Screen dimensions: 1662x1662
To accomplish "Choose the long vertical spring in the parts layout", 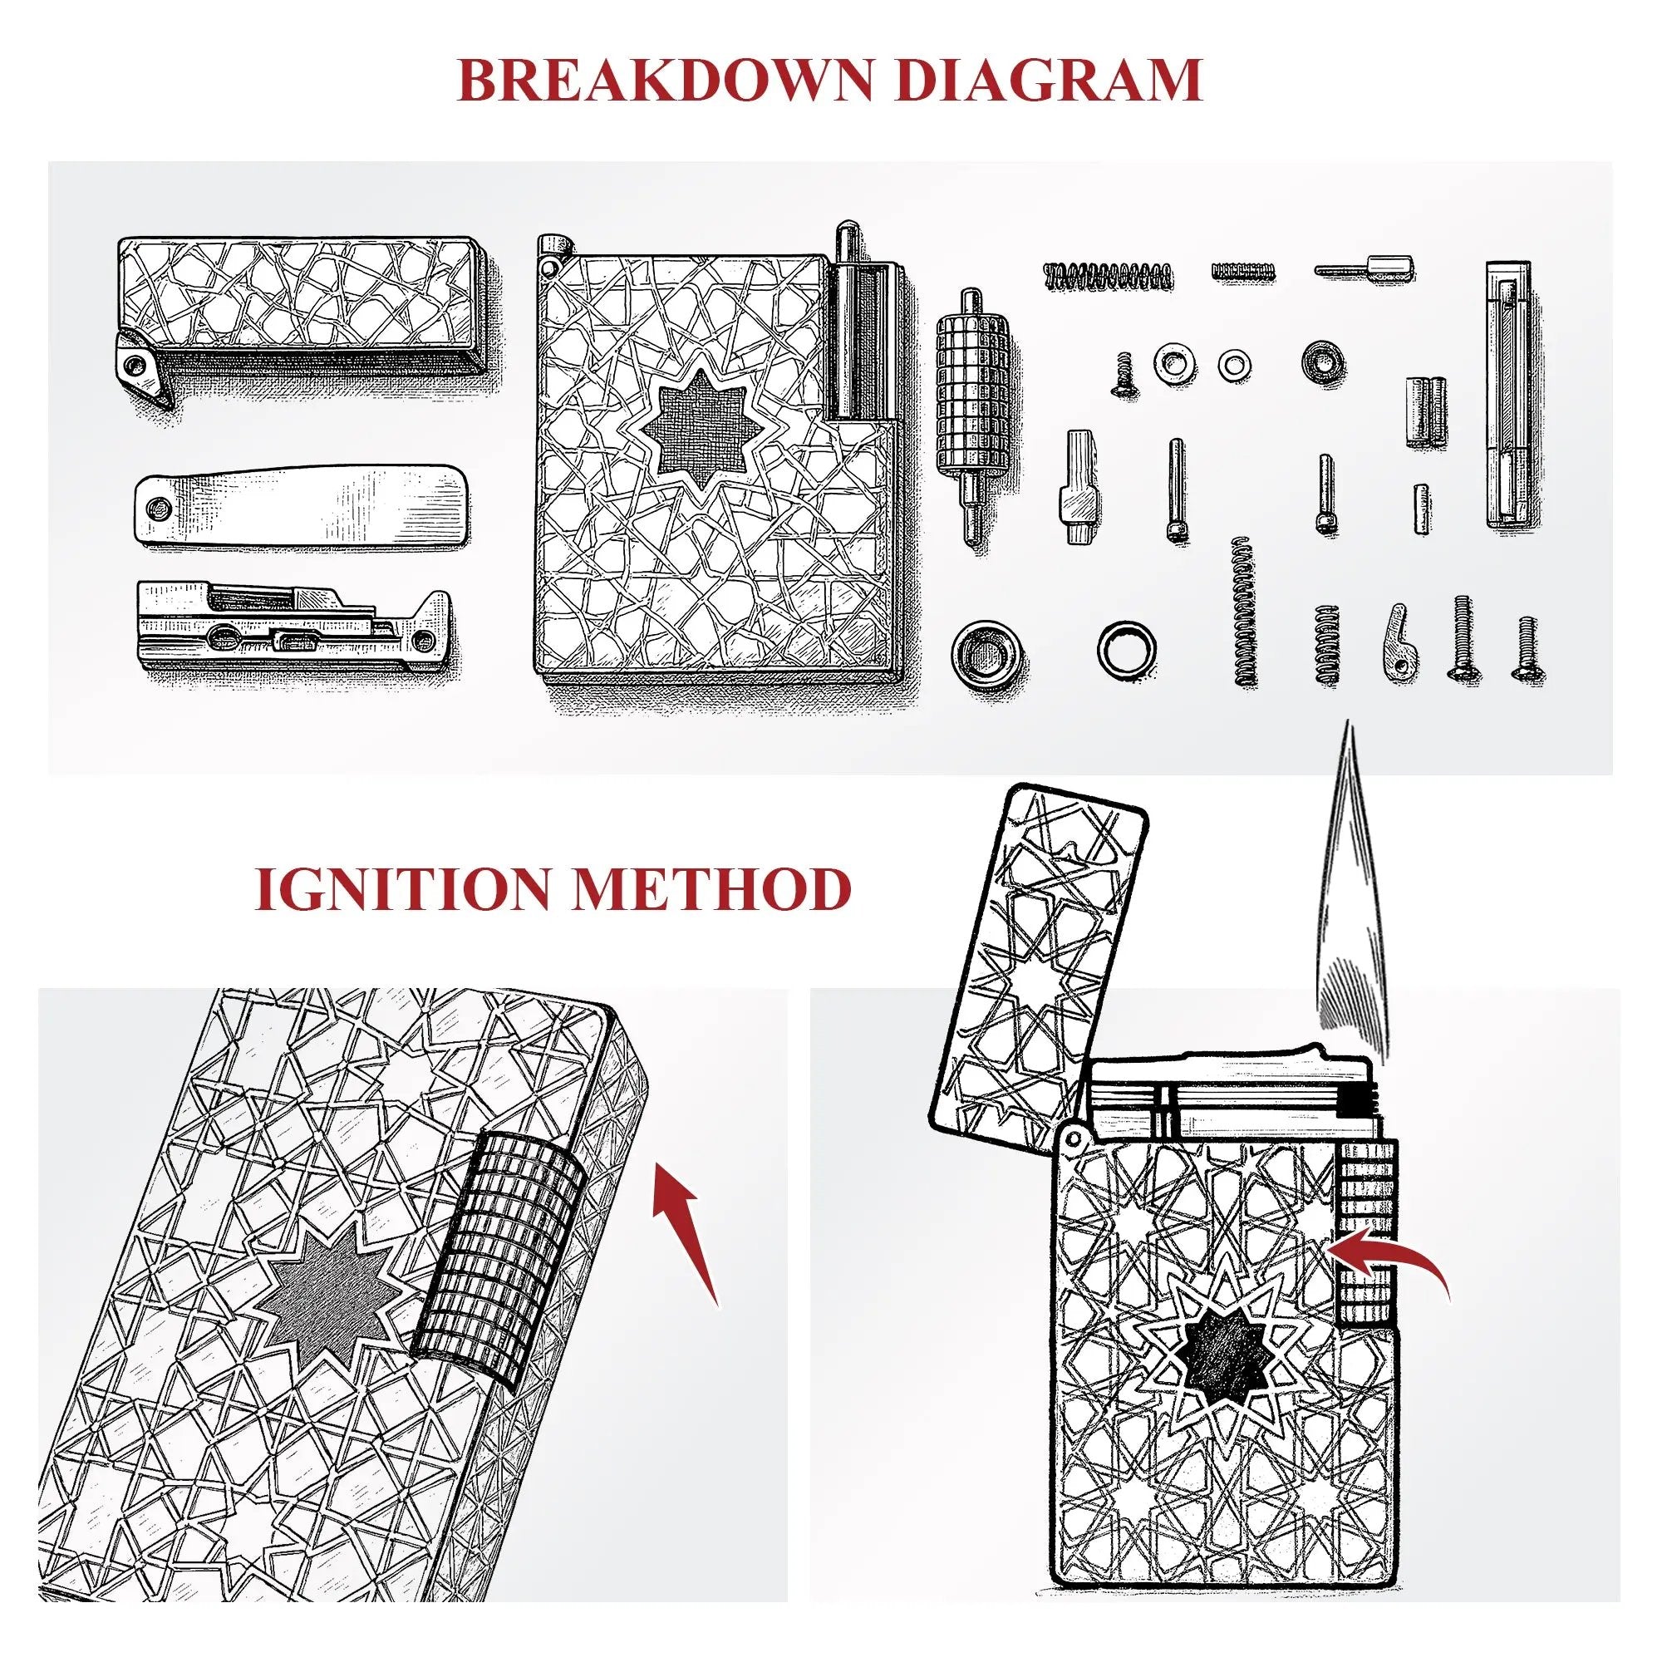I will [x=1243, y=611].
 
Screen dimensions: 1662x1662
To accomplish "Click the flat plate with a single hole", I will [x=301, y=506].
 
